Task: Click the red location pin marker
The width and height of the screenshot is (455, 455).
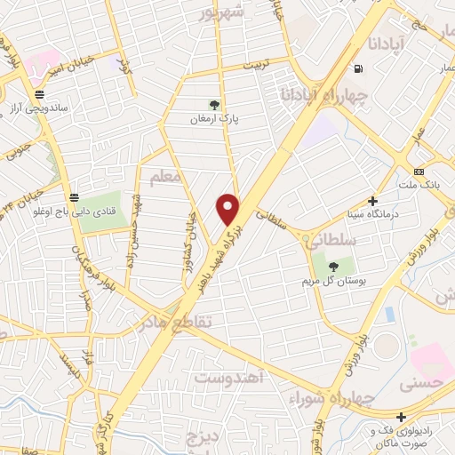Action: coord(228,208)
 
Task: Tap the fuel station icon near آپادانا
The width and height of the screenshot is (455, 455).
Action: coord(357,68)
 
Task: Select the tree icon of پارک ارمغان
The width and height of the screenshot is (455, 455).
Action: coord(213,105)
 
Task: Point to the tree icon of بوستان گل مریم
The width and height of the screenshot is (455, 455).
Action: coord(333,266)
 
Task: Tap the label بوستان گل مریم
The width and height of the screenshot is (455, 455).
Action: coord(334,281)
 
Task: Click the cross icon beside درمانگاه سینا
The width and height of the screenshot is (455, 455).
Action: coord(372,202)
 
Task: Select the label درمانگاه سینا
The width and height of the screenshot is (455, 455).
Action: coord(372,215)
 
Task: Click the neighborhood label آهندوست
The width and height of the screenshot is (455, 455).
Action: coord(229,379)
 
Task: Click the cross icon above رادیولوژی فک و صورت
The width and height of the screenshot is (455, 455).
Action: coord(402,417)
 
